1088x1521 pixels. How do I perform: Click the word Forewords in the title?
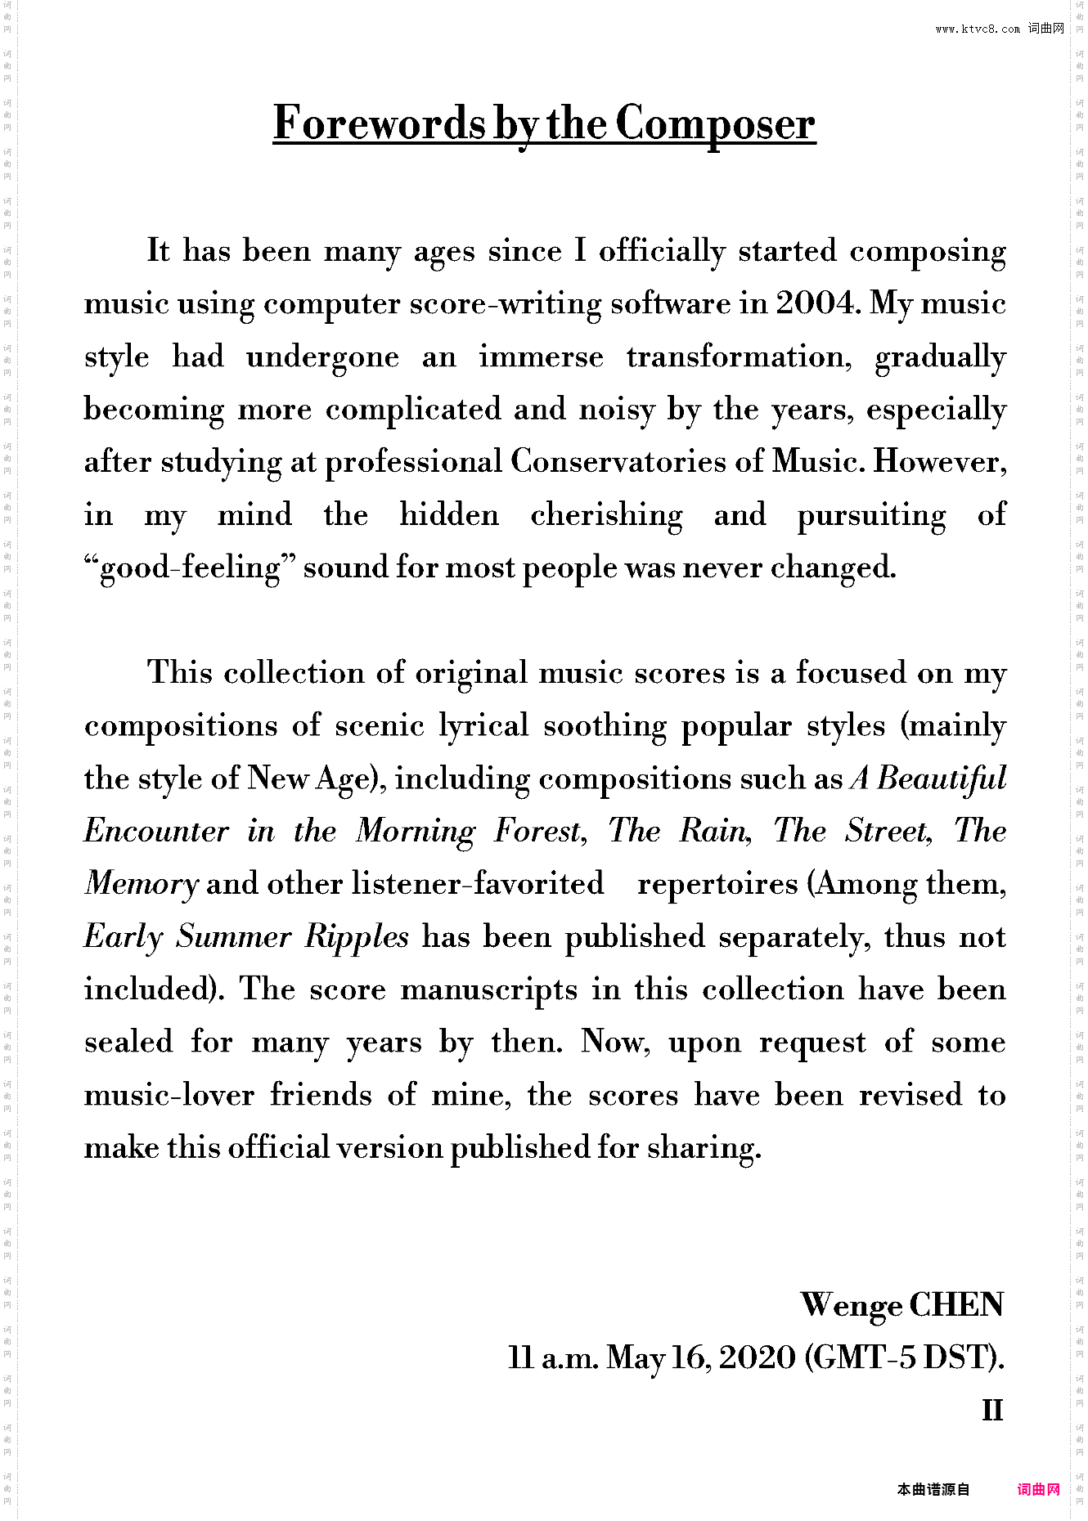click(380, 123)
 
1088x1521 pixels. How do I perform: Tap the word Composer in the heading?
click(715, 125)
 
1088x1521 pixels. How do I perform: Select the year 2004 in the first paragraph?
click(816, 303)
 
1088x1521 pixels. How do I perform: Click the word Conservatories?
click(618, 462)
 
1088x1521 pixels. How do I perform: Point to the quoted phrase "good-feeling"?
click(191, 568)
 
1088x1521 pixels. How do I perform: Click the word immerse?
click(541, 357)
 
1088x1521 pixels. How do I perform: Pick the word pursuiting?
click(871, 515)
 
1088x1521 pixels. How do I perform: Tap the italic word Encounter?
click(156, 832)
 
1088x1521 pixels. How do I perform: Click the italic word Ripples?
click(357, 937)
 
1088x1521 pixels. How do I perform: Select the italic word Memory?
click(142, 884)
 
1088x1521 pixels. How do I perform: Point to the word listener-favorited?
click(478, 884)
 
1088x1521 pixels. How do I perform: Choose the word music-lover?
click(169, 1095)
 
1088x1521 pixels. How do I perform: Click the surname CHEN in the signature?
click(955, 1305)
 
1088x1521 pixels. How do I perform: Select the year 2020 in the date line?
click(758, 1357)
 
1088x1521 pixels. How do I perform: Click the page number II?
click(991, 1410)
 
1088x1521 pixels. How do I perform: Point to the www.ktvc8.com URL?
click(978, 29)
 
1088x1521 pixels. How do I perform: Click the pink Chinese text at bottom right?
click(1038, 1490)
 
